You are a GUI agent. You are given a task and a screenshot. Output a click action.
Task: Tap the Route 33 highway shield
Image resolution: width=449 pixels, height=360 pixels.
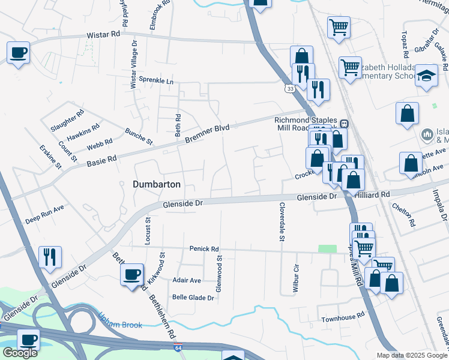pos(291,88)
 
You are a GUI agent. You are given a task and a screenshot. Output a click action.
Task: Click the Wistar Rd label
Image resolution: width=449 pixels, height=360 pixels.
pos(104,35)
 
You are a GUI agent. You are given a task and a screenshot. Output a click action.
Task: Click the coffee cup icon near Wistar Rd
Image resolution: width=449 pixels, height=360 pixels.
pos(18,53)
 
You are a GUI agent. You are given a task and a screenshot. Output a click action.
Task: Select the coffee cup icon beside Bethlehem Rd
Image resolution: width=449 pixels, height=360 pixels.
pos(132,274)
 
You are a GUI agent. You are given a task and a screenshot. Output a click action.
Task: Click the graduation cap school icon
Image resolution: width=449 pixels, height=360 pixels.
pos(426,76)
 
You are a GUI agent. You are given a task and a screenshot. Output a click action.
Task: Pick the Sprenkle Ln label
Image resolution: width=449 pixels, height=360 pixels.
pos(156,80)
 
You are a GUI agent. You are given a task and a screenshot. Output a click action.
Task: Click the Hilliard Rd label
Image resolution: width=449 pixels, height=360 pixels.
pos(372,195)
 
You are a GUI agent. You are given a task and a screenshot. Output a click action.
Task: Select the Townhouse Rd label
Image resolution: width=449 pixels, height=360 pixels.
pos(343,316)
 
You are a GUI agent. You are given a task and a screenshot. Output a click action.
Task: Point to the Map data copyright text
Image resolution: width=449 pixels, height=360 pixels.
pos(411,355)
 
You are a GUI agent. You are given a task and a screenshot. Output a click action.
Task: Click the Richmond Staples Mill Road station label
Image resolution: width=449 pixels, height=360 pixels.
pos(306,124)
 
